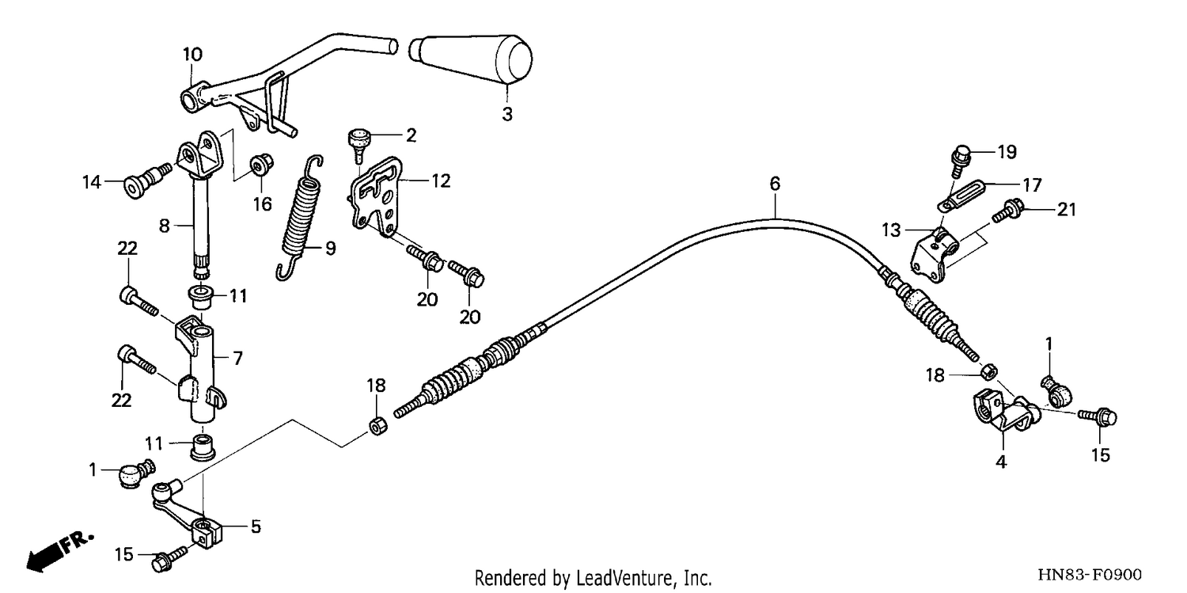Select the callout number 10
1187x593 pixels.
[193, 54]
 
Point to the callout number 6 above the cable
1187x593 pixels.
[775, 184]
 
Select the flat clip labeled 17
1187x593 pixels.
[960, 195]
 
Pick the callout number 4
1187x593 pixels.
[1000, 462]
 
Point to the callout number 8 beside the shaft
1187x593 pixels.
[165, 226]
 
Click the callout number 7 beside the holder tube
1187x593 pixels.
[237, 359]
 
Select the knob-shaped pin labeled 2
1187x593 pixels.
[359, 144]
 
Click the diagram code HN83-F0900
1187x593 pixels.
[1090, 575]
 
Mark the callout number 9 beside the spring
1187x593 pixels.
[331, 248]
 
